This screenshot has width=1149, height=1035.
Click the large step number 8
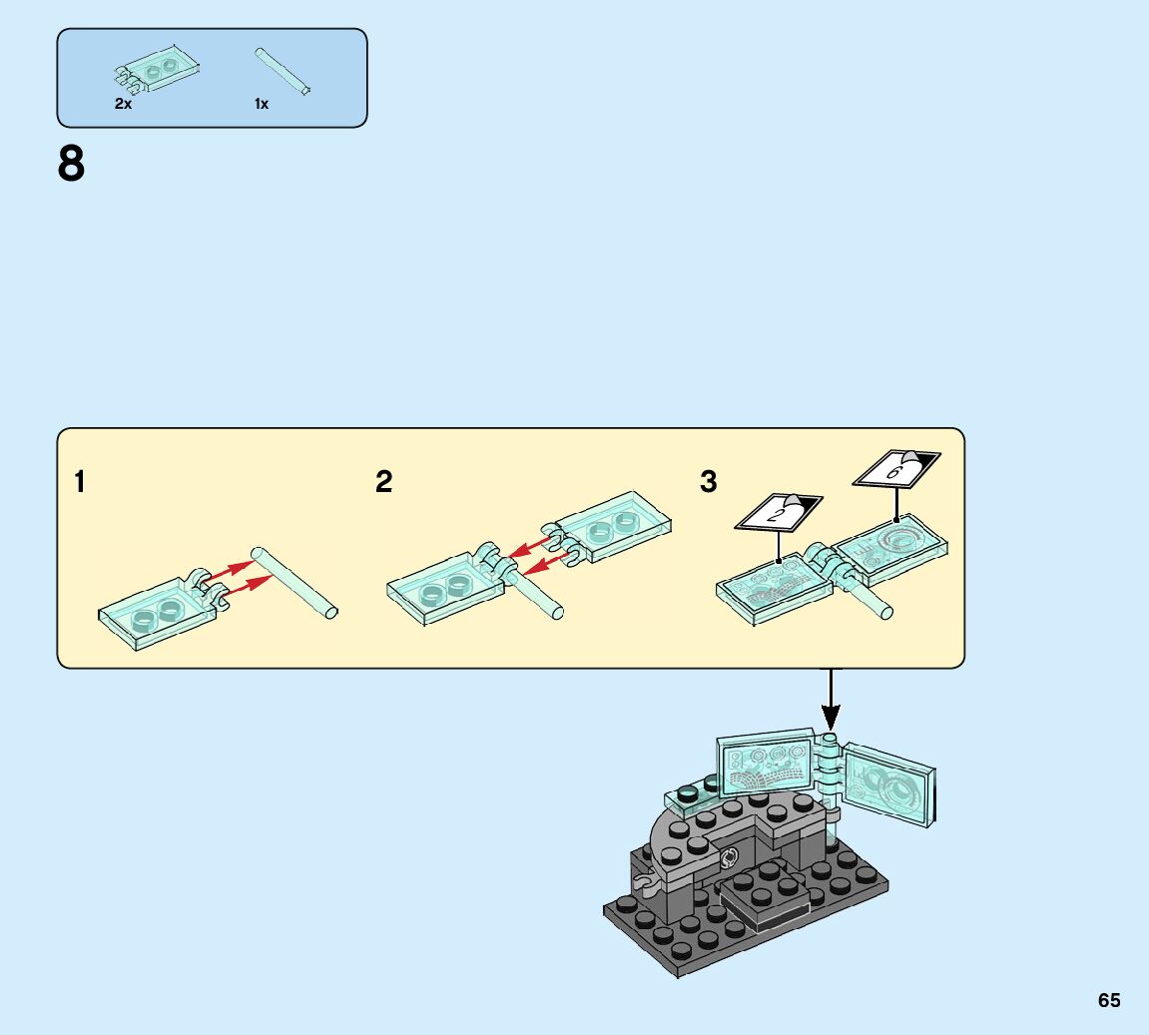tap(71, 165)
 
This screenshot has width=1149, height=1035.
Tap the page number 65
tap(1109, 1000)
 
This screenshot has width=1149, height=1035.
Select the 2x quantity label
tap(123, 104)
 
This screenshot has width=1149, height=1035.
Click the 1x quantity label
tap(261, 104)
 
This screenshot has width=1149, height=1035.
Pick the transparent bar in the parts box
tap(284, 70)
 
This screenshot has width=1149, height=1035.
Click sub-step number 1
tap(80, 483)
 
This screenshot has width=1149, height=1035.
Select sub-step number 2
tap(384, 483)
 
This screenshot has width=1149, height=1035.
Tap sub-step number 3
tap(708, 483)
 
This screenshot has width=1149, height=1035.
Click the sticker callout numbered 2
tap(779, 512)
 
